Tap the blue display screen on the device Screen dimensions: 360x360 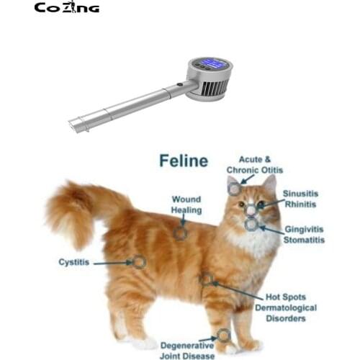(215, 63)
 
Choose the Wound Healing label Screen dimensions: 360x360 (186, 205)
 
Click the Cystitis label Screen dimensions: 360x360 (75, 262)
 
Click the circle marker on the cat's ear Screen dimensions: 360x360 (235, 189)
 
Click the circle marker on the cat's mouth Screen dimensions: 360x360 (251, 224)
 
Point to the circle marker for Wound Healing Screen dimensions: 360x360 (180, 233)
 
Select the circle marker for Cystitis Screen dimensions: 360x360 (139, 262)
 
